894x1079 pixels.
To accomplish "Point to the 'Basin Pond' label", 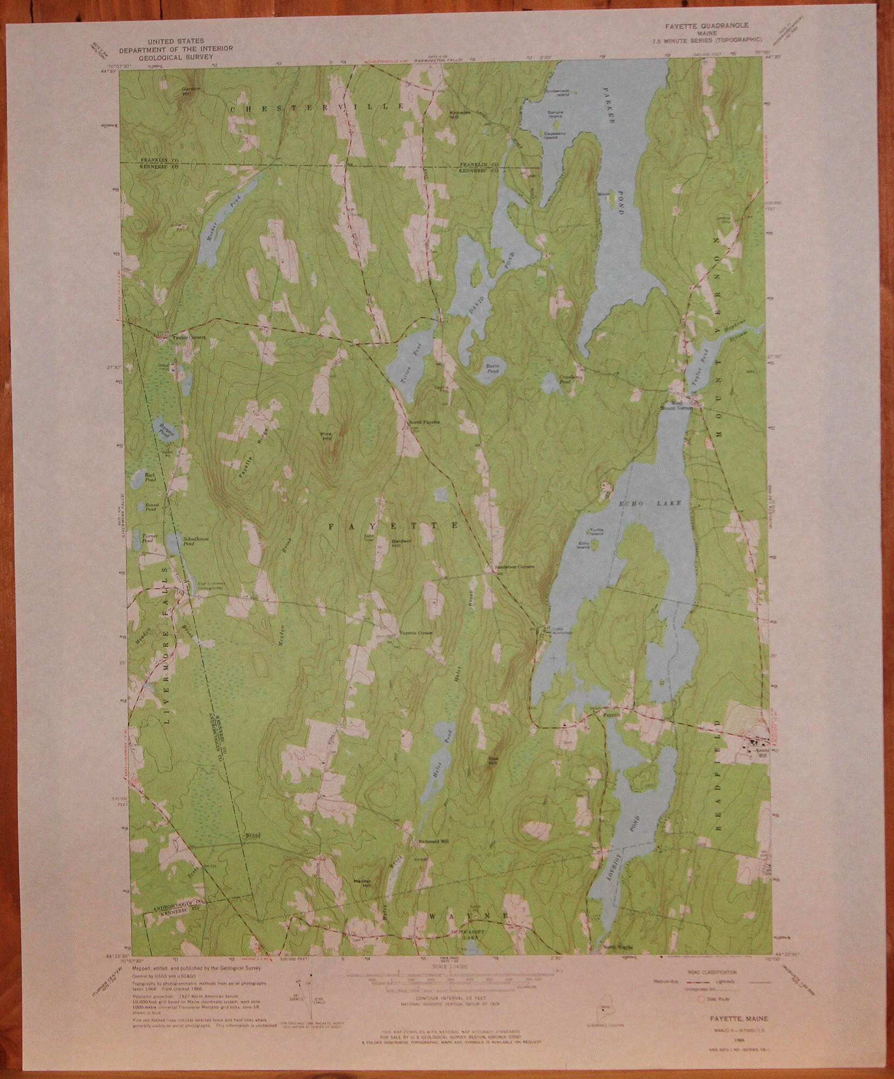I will coord(492,368).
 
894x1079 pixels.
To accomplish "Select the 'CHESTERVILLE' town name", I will coord(317,108).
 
